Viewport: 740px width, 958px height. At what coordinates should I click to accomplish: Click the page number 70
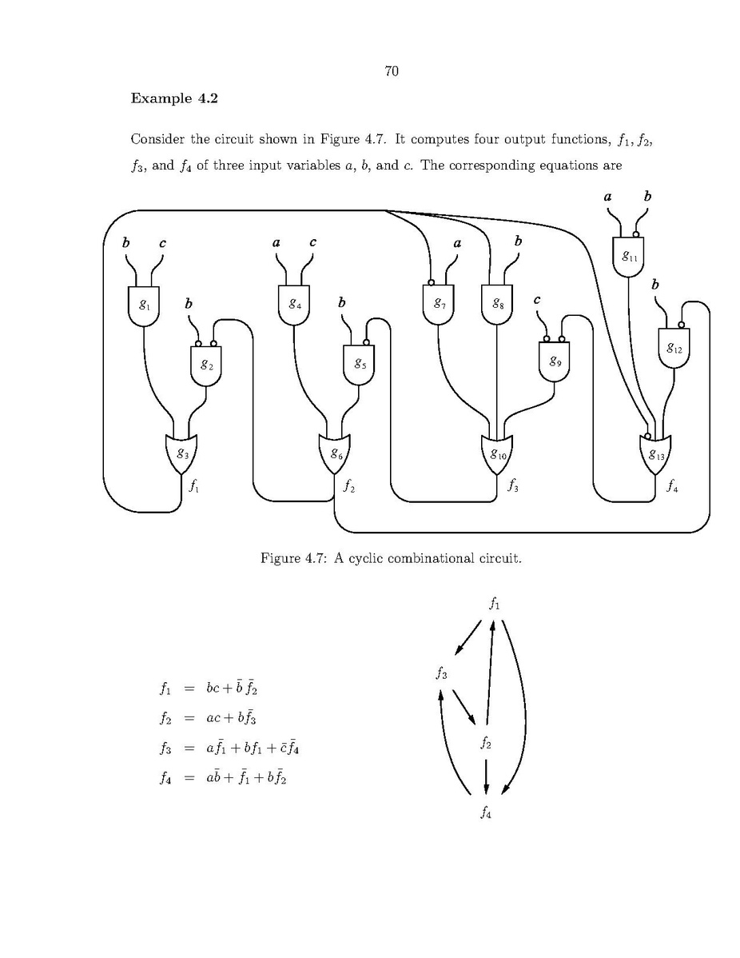coord(391,72)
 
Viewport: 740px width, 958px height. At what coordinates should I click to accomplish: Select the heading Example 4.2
coord(174,98)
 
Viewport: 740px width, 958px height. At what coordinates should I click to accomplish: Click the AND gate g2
coord(206,365)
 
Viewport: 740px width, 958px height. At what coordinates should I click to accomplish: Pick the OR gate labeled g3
coord(182,453)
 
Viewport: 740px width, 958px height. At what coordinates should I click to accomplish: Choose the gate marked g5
coord(359,365)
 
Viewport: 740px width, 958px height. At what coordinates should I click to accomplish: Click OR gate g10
coord(498,454)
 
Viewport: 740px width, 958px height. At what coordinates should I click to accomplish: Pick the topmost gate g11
coord(629,257)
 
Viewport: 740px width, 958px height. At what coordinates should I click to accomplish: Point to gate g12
coord(674,347)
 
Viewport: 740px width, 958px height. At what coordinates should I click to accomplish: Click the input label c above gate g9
coord(537,300)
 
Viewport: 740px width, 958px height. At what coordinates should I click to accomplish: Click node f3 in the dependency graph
coord(441,673)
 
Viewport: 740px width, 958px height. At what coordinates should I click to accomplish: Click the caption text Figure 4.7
coord(391,557)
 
